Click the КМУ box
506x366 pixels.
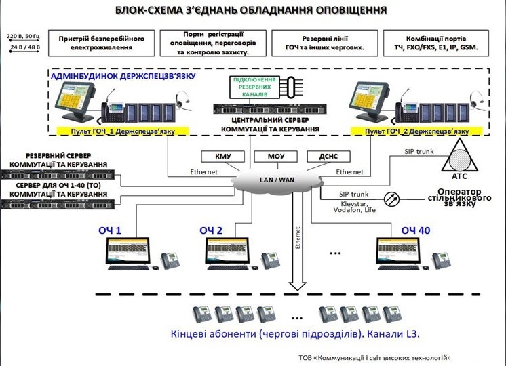(223, 157)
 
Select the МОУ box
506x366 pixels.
(275, 157)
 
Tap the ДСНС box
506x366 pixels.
(328, 157)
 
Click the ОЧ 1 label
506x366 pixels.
(109, 231)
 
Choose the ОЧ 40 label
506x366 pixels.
(415, 231)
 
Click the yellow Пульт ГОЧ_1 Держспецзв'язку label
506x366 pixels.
(117, 131)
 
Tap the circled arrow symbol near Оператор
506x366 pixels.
(389, 199)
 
